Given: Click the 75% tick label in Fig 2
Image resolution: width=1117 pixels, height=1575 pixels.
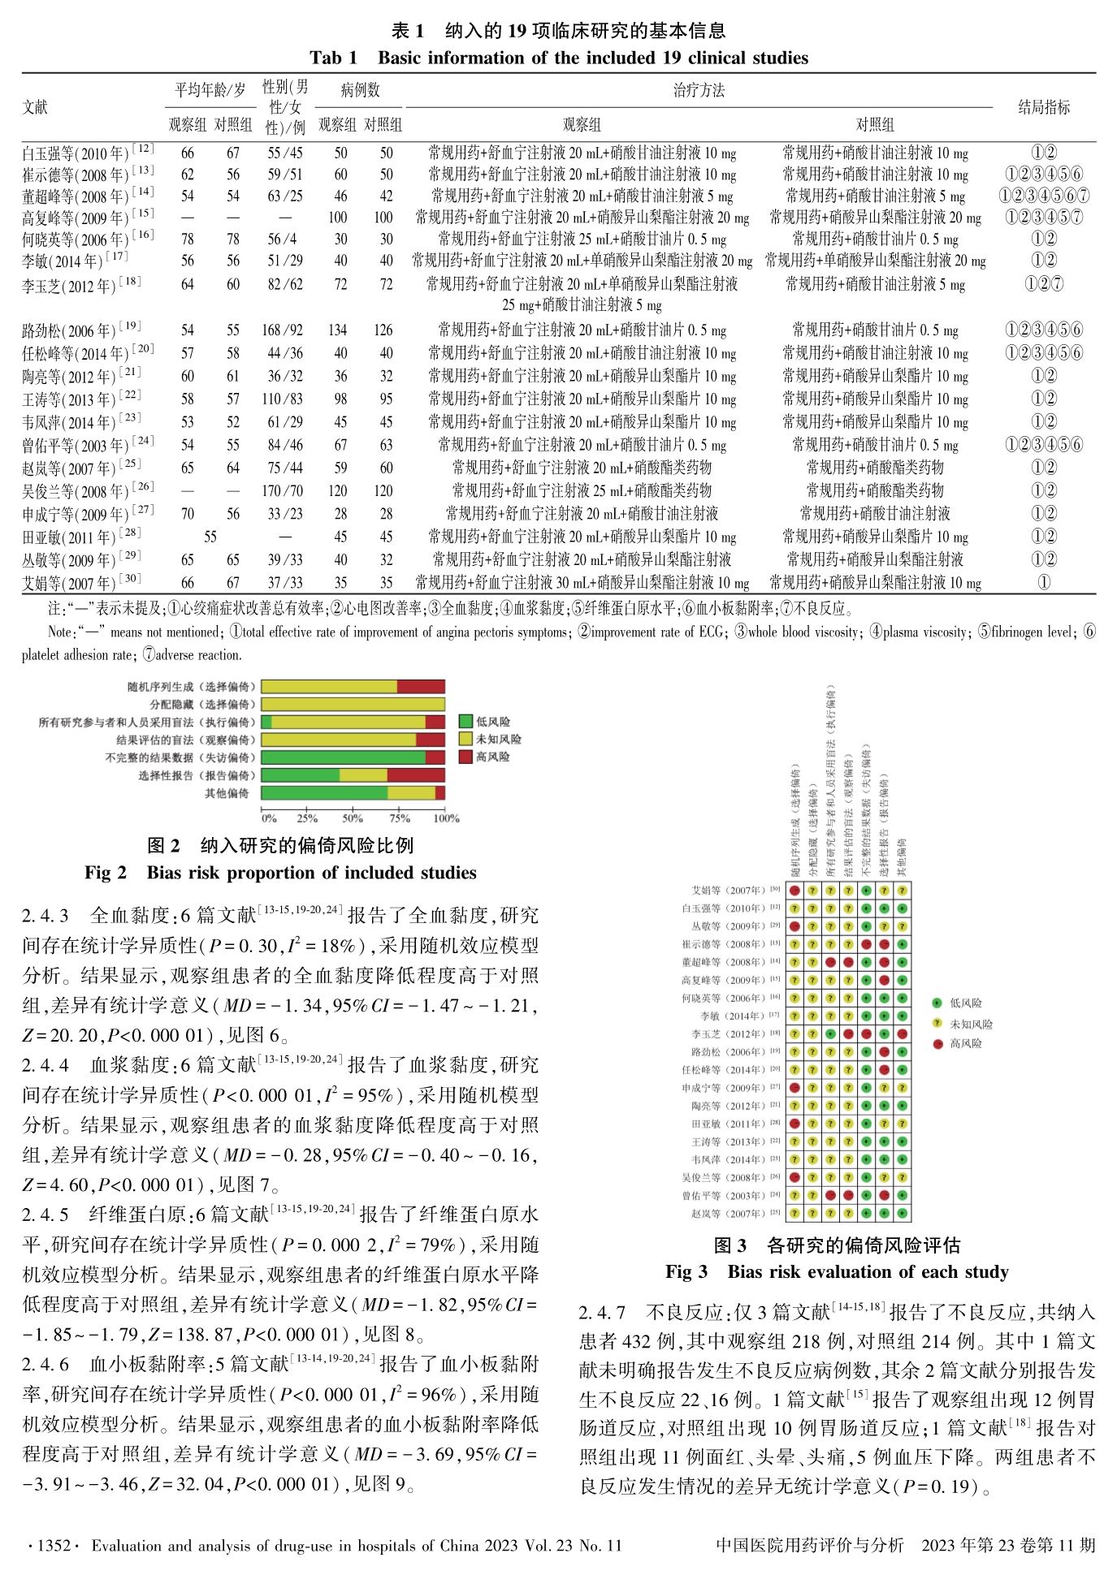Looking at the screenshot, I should tap(399, 818).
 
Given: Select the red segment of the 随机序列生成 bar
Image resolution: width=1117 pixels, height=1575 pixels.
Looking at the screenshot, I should tap(421, 687).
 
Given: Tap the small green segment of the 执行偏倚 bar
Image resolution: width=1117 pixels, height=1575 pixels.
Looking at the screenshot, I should tap(266, 722).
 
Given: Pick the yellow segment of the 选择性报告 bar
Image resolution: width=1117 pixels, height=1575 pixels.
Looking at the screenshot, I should tap(362, 775).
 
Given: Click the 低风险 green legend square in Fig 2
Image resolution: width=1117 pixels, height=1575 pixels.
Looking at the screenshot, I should tap(465, 722).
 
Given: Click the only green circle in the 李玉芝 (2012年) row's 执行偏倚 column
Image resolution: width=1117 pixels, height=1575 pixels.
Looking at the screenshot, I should tap(830, 1034).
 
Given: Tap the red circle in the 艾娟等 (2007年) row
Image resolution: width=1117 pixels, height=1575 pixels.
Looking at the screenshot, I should tap(794, 891).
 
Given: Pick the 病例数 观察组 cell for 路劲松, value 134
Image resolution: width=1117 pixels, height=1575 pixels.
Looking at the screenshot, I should tap(337, 330).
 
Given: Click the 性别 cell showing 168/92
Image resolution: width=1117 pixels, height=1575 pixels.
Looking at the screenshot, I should tap(283, 330).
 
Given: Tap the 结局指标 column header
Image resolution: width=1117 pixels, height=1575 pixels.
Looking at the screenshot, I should tap(1044, 107).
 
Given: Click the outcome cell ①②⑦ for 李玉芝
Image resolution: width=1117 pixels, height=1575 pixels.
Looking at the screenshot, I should tap(1044, 284).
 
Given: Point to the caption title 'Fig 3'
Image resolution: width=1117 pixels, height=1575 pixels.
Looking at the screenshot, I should tap(686, 1271).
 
